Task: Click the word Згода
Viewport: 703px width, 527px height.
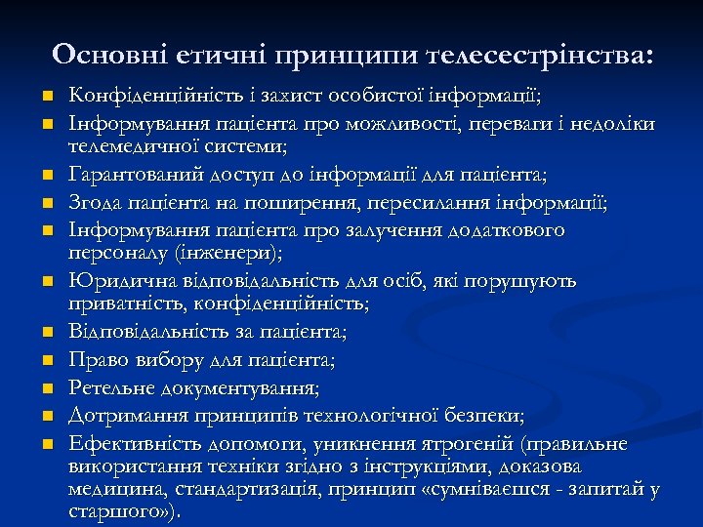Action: click(94, 203)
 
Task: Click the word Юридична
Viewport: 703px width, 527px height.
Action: click(111, 282)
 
